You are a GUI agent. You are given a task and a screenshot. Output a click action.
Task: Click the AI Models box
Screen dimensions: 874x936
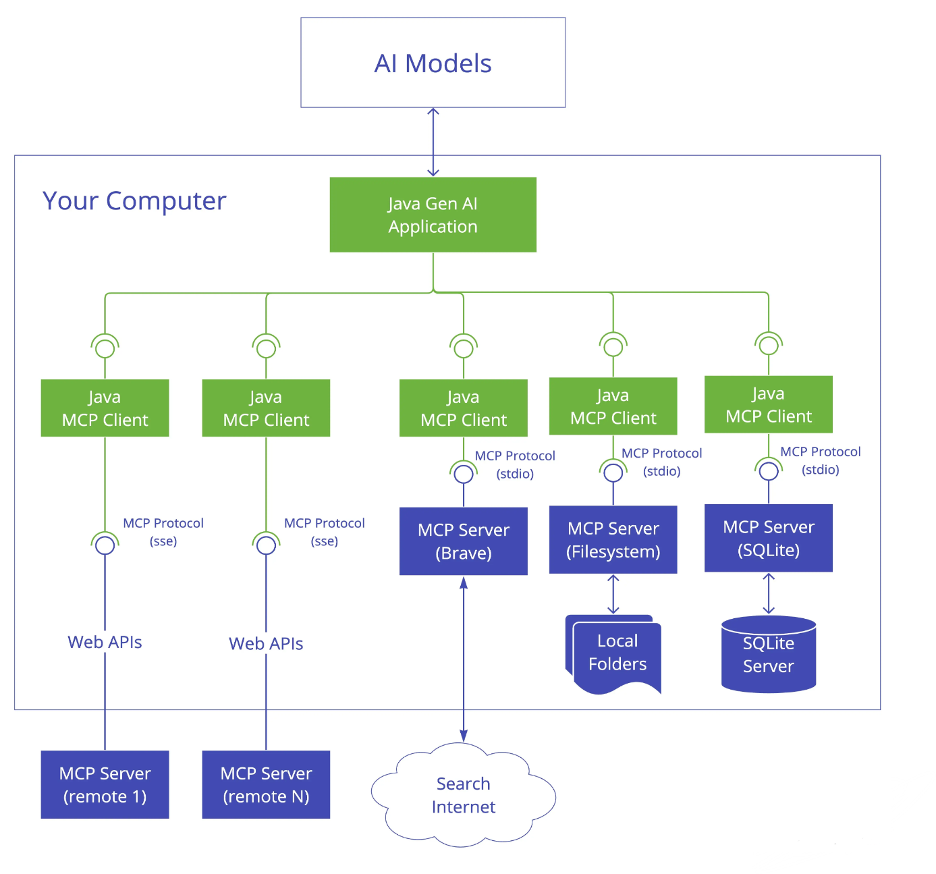click(x=433, y=63)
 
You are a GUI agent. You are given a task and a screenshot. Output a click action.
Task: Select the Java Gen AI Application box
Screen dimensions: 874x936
click(x=433, y=215)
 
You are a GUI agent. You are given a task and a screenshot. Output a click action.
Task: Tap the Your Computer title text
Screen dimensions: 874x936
click(x=134, y=200)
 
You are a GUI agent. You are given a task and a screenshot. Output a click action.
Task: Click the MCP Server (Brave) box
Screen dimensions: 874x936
click(x=463, y=541)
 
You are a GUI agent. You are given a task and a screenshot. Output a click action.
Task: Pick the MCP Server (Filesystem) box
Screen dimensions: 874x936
click(x=613, y=539)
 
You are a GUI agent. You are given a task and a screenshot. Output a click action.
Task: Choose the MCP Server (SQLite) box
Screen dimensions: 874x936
click(x=768, y=538)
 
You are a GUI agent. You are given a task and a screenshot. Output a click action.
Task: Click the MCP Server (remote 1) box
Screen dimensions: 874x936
click(x=105, y=784)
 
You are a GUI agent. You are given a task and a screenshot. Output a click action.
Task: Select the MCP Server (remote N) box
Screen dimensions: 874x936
click(x=266, y=784)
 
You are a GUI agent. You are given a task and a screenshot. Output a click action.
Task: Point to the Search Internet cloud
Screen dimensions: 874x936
click(x=463, y=794)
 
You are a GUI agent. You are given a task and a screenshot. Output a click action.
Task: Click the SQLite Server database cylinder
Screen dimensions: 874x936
click(x=768, y=654)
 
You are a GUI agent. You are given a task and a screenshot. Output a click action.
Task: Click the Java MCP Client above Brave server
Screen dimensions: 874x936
click(x=463, y=408)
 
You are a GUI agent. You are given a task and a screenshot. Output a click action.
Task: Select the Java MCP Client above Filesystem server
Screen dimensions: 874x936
click(x=613, y=406)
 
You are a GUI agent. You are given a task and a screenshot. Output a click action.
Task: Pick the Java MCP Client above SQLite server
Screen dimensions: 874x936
click(x=768, y=404)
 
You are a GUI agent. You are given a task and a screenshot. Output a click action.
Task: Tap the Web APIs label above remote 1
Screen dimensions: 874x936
click(x=105, y=642)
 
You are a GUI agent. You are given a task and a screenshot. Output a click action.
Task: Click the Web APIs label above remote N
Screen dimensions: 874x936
click(x=266, y=644)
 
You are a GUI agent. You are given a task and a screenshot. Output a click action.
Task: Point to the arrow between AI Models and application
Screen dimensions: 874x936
click(x=433, y=142)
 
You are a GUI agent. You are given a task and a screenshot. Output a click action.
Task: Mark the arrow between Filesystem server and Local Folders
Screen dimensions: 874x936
click(x=613, y=594)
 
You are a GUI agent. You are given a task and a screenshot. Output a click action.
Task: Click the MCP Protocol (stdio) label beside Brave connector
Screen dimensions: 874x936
click(x=515, y=464)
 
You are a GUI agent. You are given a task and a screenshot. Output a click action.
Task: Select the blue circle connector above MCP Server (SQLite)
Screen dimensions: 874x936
click(x=768, y=470)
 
